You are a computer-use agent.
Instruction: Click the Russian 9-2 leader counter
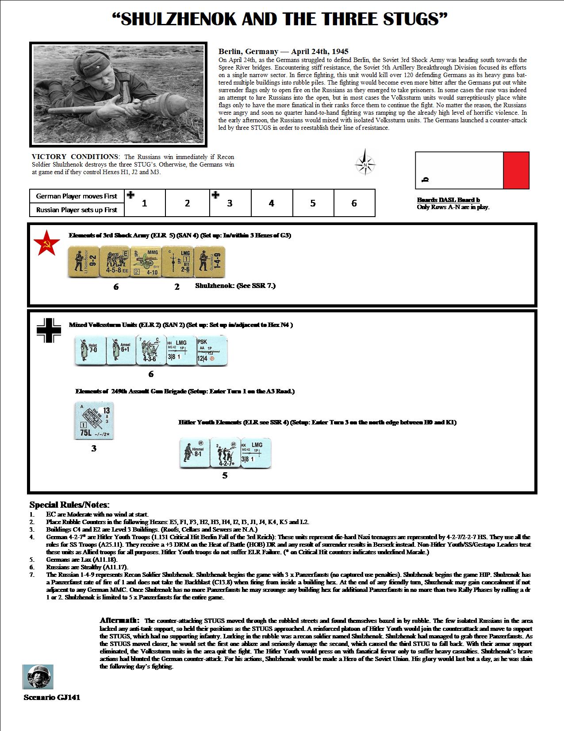point(84,262)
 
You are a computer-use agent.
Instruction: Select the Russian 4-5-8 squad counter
point(115,262)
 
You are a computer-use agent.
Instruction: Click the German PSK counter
point(212,350)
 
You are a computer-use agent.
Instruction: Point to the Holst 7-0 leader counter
point(91,350)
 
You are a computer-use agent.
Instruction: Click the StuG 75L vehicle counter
point(94,421)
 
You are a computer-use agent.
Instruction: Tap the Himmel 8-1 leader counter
point(194,453)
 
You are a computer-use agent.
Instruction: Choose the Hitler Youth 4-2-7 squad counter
point(225,453)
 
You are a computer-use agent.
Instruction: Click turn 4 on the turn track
point(271,203)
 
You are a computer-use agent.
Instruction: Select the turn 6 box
point(354,203)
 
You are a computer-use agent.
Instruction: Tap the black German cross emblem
point(48,331)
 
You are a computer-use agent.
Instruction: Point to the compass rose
point(365,163)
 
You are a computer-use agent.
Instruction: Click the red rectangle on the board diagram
point(516,170)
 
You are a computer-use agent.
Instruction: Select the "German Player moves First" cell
point(77,196)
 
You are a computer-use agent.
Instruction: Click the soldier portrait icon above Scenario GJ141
point(38,677)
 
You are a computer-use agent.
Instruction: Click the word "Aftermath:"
point(120,620)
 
